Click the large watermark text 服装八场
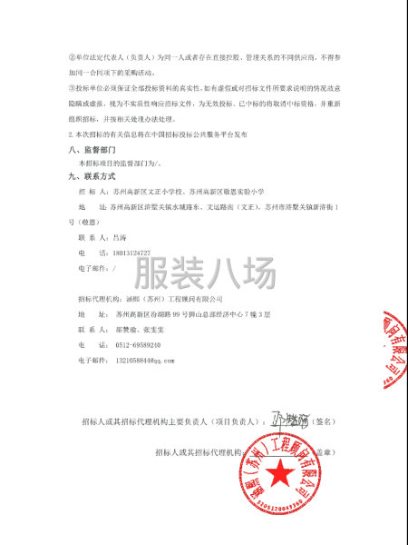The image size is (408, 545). coord(204,273)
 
